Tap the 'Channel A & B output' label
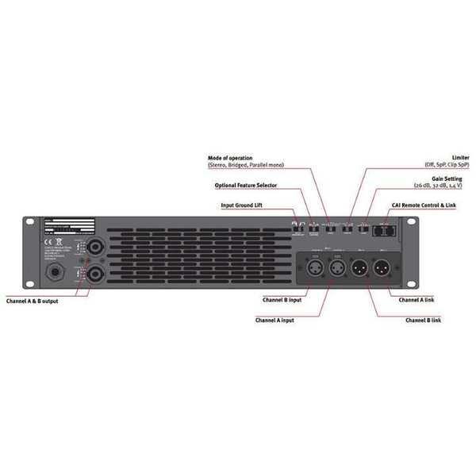click(x=32, y=301)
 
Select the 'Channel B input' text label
click(x=282, y=300)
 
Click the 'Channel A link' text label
click(x=416, y=300)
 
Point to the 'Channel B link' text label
click(x=423, y=320)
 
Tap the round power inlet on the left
click(x=58, y=274)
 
